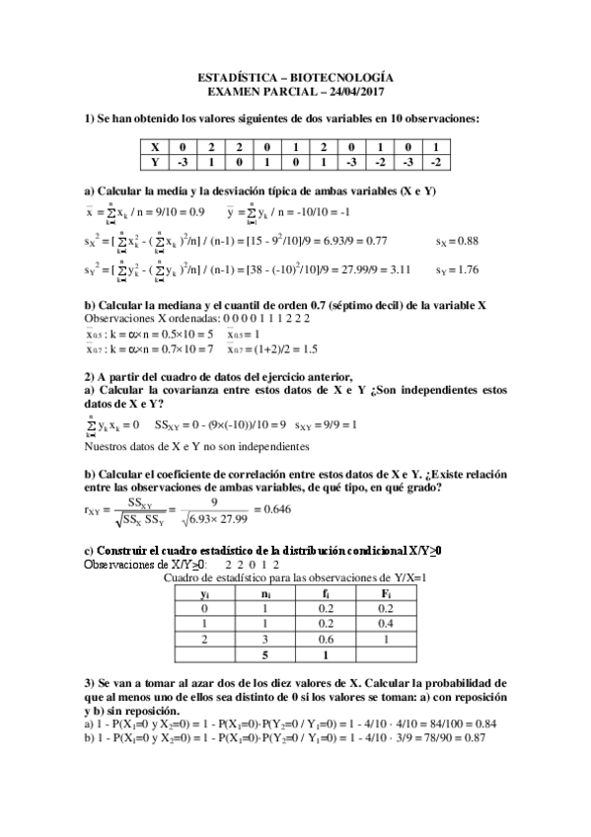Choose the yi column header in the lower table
204,594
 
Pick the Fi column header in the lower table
390,594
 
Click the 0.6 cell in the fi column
327,639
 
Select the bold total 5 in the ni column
264,653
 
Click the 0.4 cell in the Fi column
390,624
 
